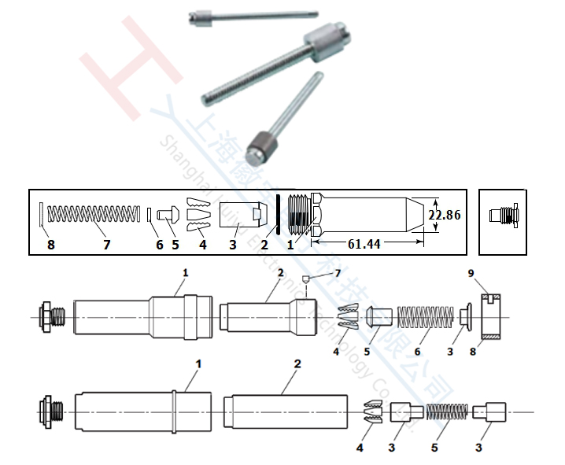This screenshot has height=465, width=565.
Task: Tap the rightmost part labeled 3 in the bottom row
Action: (x=496, y=412)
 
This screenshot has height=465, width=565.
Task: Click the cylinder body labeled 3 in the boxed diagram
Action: (x=240, y=214)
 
